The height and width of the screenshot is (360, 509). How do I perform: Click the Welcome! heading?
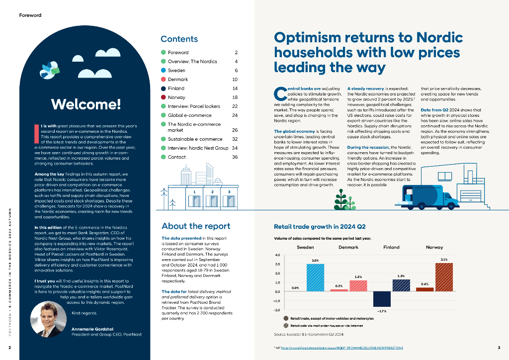pyautogui.click(x=85, y=104)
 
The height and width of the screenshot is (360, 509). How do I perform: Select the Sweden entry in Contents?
pyautogui.click(x=176, y=71)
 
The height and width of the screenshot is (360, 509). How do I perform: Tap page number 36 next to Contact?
pyautogui.click(x=235, y=157)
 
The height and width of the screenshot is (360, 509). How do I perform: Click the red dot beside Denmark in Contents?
pyautogui.click(x=163, y=80)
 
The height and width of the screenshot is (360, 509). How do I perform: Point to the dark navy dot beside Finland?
pyautogui.click(x=163, y=89)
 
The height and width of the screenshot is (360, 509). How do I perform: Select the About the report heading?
pyautogui.click(x=196, y=226)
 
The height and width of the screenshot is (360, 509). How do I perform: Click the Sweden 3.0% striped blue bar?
pyautogui.click(x=315, y=277)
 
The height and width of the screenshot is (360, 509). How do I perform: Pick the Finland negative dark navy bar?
pyautogui.click(x=382, y=299)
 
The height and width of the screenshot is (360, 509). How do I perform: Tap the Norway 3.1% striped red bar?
pyautogui.click(x=444, y=277)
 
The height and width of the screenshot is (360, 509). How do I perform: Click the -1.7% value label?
pyautogui.click(x=382, y=311)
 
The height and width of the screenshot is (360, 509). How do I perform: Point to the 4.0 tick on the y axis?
pyautogui.click(x=277, y=256)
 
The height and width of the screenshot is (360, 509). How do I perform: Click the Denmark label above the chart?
pyautogui.click(x=348, y=247)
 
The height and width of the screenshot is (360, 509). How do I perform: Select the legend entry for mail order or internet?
pyautogui.click(x=323, y=325)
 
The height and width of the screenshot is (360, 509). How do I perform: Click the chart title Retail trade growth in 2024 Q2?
pyautogui.click(x=317, y=227)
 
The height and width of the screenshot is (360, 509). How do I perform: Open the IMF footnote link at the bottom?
pyautogui.click(x=342, y=347)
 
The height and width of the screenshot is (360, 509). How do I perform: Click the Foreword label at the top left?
pyautogui.click(x=30, y=15)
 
